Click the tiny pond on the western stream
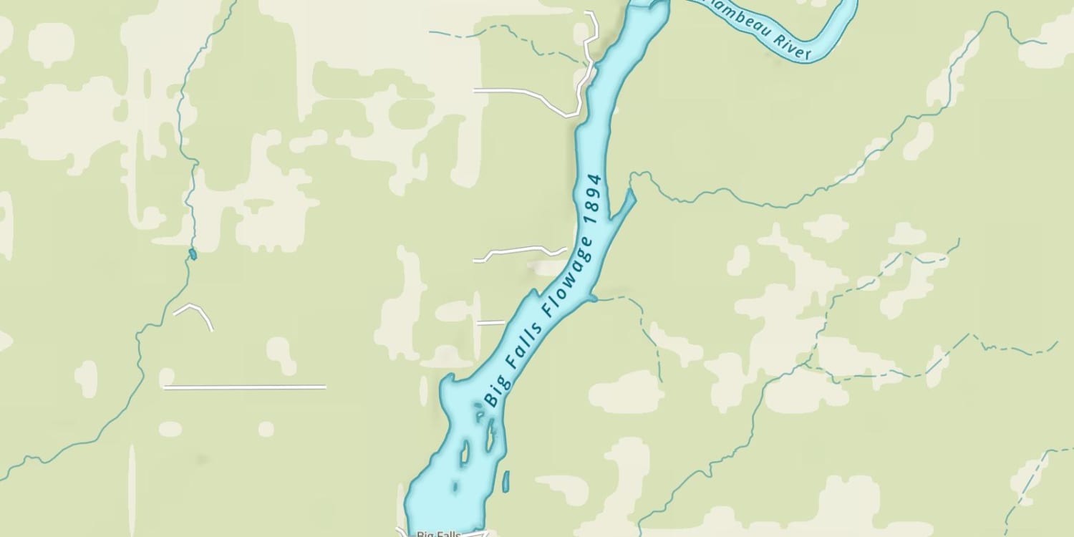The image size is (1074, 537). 192,254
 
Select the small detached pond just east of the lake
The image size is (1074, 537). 505,480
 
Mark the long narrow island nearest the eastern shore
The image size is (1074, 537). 491,436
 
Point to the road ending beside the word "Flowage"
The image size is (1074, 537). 519,251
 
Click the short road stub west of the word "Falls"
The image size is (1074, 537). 490,323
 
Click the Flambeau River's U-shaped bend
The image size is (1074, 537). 838,39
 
